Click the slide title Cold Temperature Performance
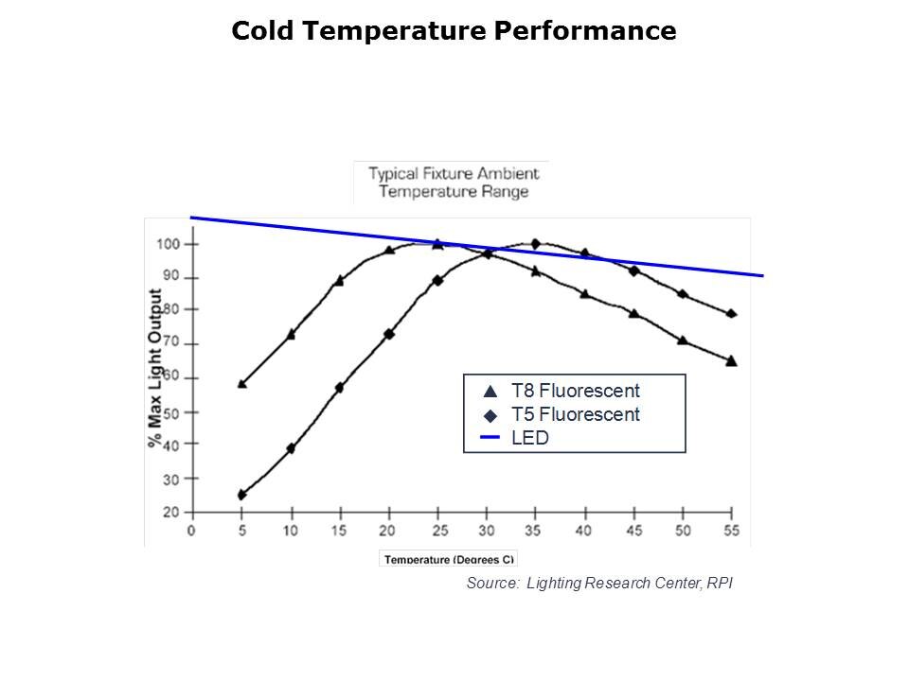[x=454, y=31]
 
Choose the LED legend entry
[x=529, y=438]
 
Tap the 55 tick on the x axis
[x=731, y=531]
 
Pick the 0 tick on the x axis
[x=192, y=531]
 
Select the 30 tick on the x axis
[x=487, y=531]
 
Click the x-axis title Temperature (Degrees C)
[x=449, y=559]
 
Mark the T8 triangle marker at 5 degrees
[x=241, y=383]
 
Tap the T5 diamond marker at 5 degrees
[x=241, y=495]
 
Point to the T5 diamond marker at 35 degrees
[x=535, y=244]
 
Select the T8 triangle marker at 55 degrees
[x=731, y=360]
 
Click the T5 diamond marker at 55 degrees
[x=731, y=314]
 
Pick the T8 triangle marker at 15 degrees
[x=339, y=280]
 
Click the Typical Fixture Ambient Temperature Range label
[x=454, y=183]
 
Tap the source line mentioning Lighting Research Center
[x=599, y=584]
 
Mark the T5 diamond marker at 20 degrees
[x=388, y=334]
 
